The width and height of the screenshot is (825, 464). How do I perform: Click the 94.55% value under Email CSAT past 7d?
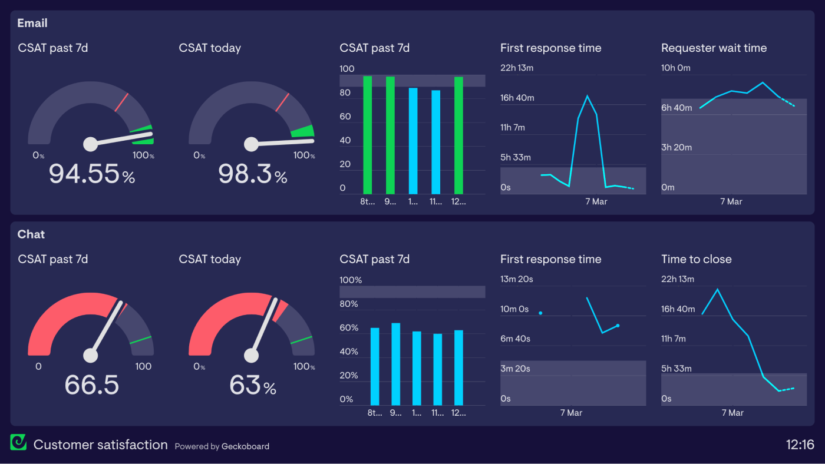91,174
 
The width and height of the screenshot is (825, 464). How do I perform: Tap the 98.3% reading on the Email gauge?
252,174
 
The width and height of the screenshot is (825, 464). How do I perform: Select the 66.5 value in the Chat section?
91,385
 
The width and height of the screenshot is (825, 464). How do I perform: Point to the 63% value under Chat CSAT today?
252,385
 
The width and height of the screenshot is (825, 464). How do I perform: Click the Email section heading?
32,24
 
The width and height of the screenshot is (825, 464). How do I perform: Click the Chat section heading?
31,234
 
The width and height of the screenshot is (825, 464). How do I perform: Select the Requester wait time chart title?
714,48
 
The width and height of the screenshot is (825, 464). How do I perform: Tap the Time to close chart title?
696,259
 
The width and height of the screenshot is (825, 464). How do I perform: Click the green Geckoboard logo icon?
18,442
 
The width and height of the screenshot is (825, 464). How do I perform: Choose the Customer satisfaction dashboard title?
100,445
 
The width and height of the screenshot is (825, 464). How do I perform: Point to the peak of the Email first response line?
587,95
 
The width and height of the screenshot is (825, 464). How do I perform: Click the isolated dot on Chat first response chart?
540,313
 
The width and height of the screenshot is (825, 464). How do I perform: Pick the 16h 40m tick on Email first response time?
517,98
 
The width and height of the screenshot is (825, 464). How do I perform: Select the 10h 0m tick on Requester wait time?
675,68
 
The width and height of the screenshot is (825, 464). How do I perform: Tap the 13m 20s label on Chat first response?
516,279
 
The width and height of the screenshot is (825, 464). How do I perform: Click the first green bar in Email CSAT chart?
368,135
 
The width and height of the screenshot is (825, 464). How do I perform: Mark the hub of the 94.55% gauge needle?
90,144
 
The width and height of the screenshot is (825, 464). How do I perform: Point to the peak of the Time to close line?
717,289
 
